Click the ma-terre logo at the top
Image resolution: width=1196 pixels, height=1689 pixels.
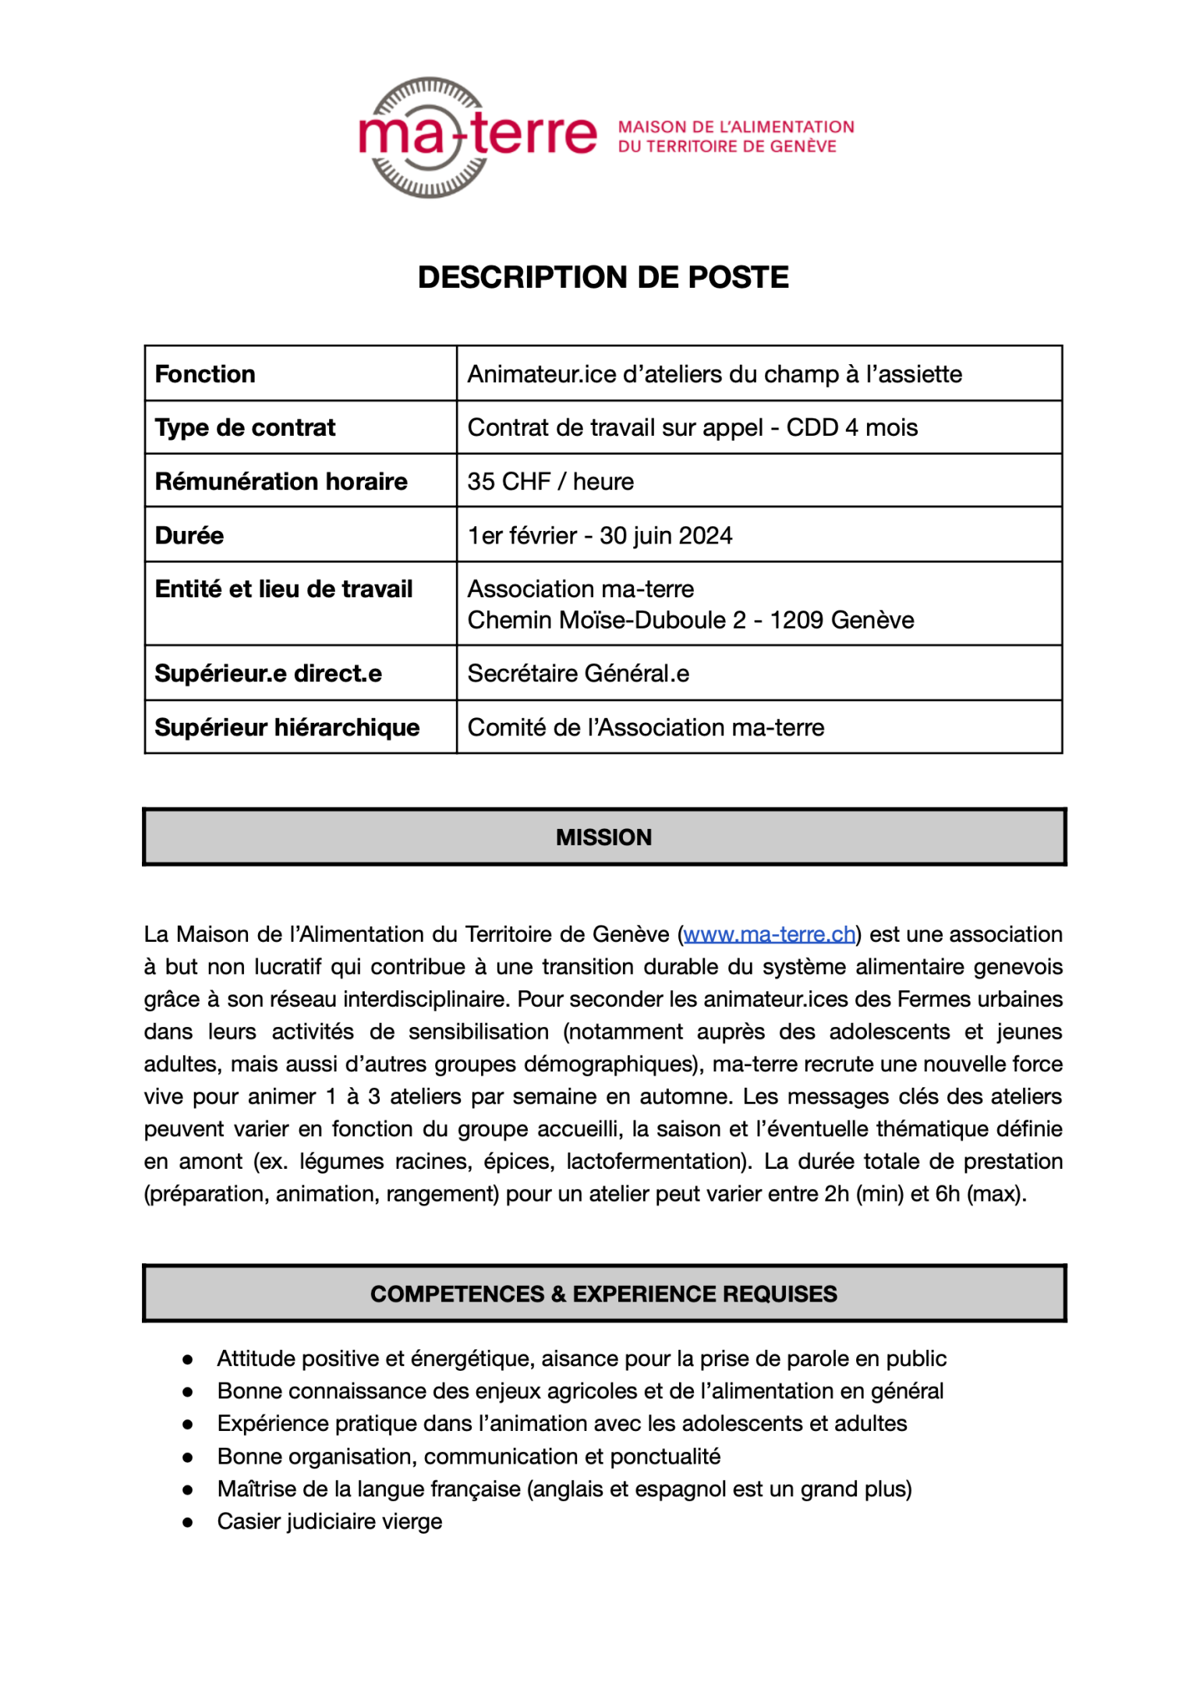point(477,136)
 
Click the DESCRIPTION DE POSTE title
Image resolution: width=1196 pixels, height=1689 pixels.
point(603,278)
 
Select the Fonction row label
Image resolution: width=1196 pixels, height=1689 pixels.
point(205,374)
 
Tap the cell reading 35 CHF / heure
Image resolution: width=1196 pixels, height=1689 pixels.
point(550,482)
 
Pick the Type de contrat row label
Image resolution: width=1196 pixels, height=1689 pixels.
point(245,428)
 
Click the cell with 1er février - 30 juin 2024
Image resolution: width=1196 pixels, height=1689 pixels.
point(600,536)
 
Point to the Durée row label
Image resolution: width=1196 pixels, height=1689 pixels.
point(189,536)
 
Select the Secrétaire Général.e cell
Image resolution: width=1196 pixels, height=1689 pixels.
point(578,674)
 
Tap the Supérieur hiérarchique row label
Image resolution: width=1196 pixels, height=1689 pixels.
point(287,728)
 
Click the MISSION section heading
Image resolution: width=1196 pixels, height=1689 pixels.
point(603,837)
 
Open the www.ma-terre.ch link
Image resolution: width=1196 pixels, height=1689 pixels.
point(769,934)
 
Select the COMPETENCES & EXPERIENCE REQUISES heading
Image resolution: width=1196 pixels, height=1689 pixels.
point(603,1294)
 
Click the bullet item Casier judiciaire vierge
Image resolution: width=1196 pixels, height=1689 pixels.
point(329,1521)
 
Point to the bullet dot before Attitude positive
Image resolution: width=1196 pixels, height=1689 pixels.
point(188,1359)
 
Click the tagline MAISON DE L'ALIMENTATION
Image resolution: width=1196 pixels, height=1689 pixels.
point(736,127)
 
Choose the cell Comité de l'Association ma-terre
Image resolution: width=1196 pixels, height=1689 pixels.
point(646,728)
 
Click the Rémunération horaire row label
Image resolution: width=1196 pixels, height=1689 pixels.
point(281,482)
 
